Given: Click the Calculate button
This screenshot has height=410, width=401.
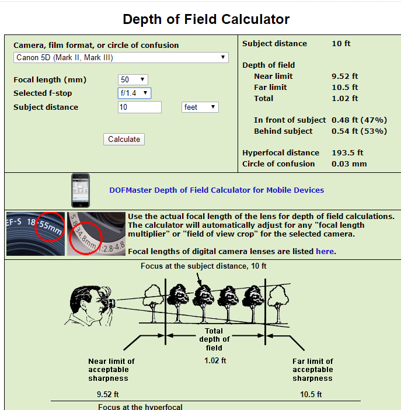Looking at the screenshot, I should [124, 139].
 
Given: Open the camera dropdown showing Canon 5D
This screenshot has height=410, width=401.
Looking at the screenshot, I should [121, 57].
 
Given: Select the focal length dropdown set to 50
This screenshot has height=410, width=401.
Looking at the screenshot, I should [133, 79].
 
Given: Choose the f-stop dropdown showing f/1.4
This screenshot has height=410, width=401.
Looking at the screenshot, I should [134, 93].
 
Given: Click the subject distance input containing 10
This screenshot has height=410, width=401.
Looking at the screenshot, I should [140, 107].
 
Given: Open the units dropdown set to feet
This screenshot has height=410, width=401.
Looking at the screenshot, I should [200, 107].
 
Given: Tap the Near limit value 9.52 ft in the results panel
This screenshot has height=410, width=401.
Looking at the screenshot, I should [344, 76].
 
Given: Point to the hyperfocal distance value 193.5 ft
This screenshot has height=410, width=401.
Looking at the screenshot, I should [347, 152].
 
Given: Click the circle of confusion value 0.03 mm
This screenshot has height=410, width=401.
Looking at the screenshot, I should [349, 164].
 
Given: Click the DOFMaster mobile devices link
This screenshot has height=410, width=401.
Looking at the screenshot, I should [217, 190].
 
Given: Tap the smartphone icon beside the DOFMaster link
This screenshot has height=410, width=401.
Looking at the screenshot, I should [81, 190].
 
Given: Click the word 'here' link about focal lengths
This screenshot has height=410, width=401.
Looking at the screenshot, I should [325, 251].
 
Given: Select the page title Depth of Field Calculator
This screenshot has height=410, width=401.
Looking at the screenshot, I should [206, 19].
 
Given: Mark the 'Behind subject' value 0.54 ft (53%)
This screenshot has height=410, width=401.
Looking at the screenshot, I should [358, 131].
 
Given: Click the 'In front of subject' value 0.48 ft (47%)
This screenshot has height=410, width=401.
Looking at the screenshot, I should [358, 120].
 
